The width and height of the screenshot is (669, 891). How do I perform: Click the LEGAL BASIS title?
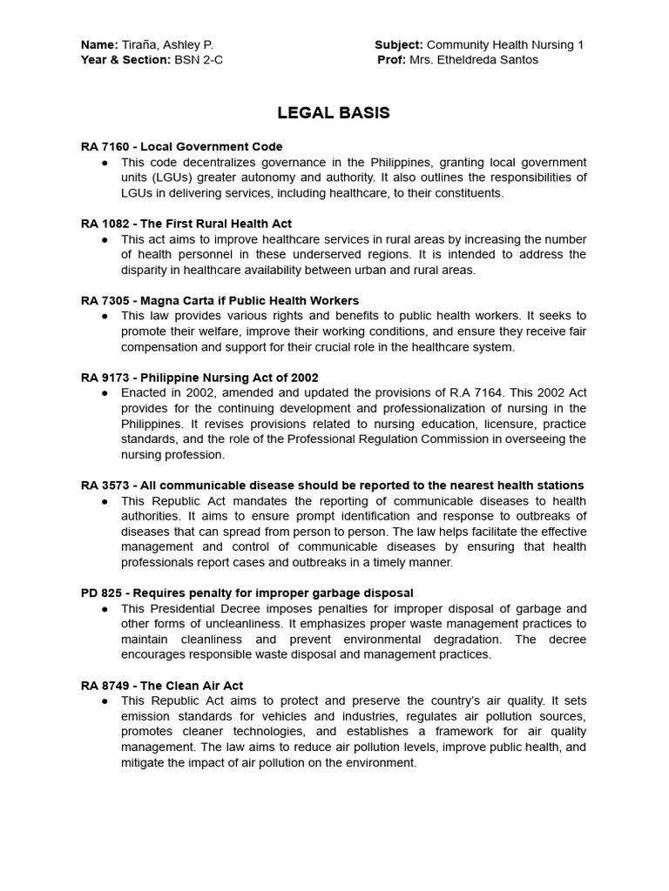point(334,113)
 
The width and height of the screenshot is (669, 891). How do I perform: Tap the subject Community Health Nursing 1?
point(505,44)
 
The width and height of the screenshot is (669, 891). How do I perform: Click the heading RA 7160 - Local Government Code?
point(182,147)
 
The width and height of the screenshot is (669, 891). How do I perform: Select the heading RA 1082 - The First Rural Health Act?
point(186,224)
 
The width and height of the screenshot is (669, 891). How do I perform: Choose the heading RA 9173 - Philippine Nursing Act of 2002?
point(199,378)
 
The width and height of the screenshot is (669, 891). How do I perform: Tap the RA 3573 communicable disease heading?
point(333,485)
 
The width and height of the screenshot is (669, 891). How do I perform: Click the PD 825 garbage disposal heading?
point(235,593)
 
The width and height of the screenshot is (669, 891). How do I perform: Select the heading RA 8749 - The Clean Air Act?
point(161,685)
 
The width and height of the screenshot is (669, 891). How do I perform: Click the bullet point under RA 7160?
point(105,163)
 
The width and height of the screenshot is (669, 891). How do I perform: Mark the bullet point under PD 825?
point(105,608)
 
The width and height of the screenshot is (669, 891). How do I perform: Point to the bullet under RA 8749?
point(105,700)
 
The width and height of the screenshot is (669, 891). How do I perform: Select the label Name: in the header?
point(99,44)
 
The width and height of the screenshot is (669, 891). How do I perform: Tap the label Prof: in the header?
point(391,60)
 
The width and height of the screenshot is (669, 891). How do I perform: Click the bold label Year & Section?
point(124,60)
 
